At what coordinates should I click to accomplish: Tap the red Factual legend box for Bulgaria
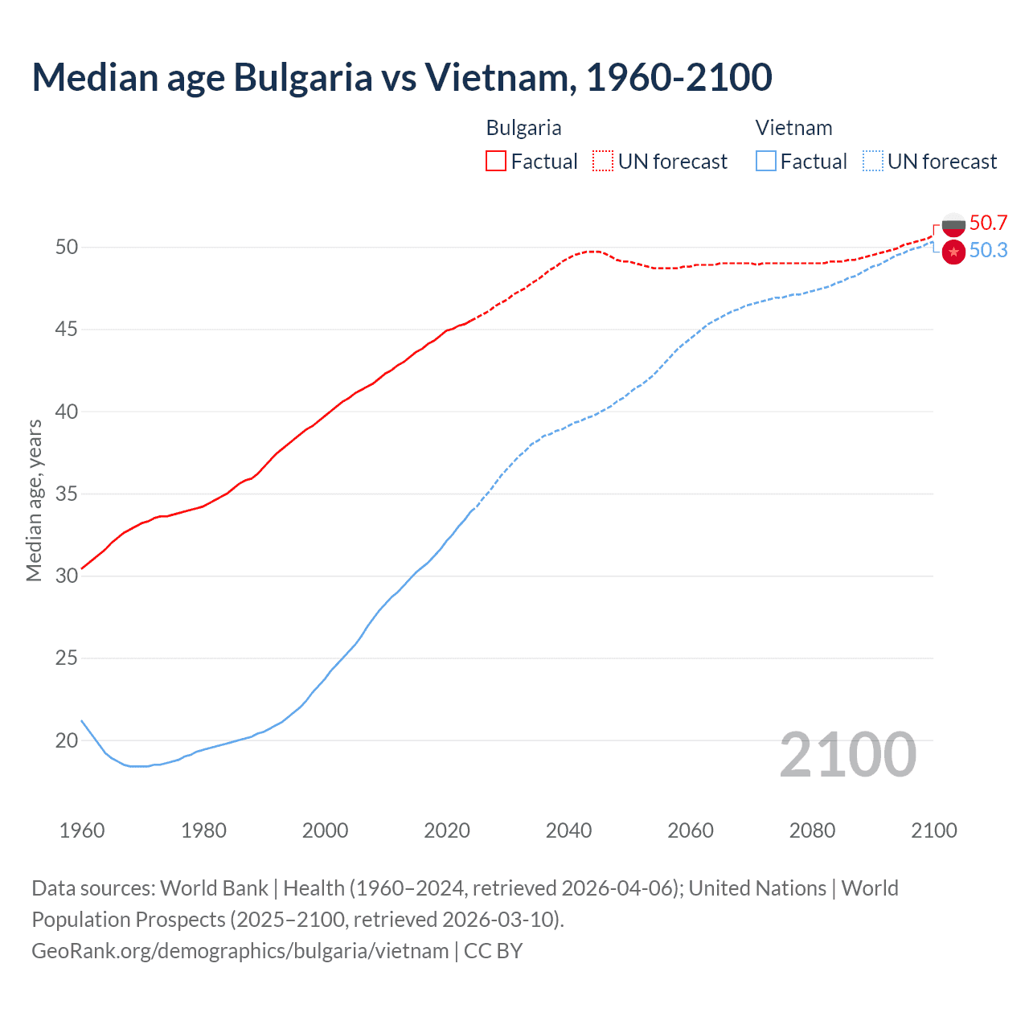[x=496, y=162]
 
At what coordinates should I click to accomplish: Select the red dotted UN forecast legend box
[x=603, y=162]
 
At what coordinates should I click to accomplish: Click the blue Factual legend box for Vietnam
[x=766, y=162]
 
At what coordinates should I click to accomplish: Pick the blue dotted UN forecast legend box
[x=873, y=162]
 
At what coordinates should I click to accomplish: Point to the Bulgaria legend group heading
[x=523, y=128]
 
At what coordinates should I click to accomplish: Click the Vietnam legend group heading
[x=793, y=128]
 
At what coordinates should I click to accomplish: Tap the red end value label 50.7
[x=988, y=223]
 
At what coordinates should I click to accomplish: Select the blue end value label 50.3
[x=988, y=251]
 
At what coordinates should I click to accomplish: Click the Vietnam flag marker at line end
[x=953, y=252]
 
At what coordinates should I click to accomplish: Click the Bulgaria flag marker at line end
[x=953, y=225]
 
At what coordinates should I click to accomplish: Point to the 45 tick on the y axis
[x=67, y=330]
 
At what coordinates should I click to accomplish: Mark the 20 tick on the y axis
[x=67, y=740]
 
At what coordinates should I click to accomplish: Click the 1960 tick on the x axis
[x=82, y=830]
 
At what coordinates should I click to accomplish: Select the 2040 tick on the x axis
[x=568, y=830]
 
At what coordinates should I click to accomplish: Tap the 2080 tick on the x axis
[x=812, y=830]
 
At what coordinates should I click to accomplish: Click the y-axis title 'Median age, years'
[x=34, y=500]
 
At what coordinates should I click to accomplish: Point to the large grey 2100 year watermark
[x=847, y=755]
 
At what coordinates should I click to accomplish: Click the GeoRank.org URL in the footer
[x=240, y=951]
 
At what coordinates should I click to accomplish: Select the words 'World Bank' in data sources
[x=214, y=888]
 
